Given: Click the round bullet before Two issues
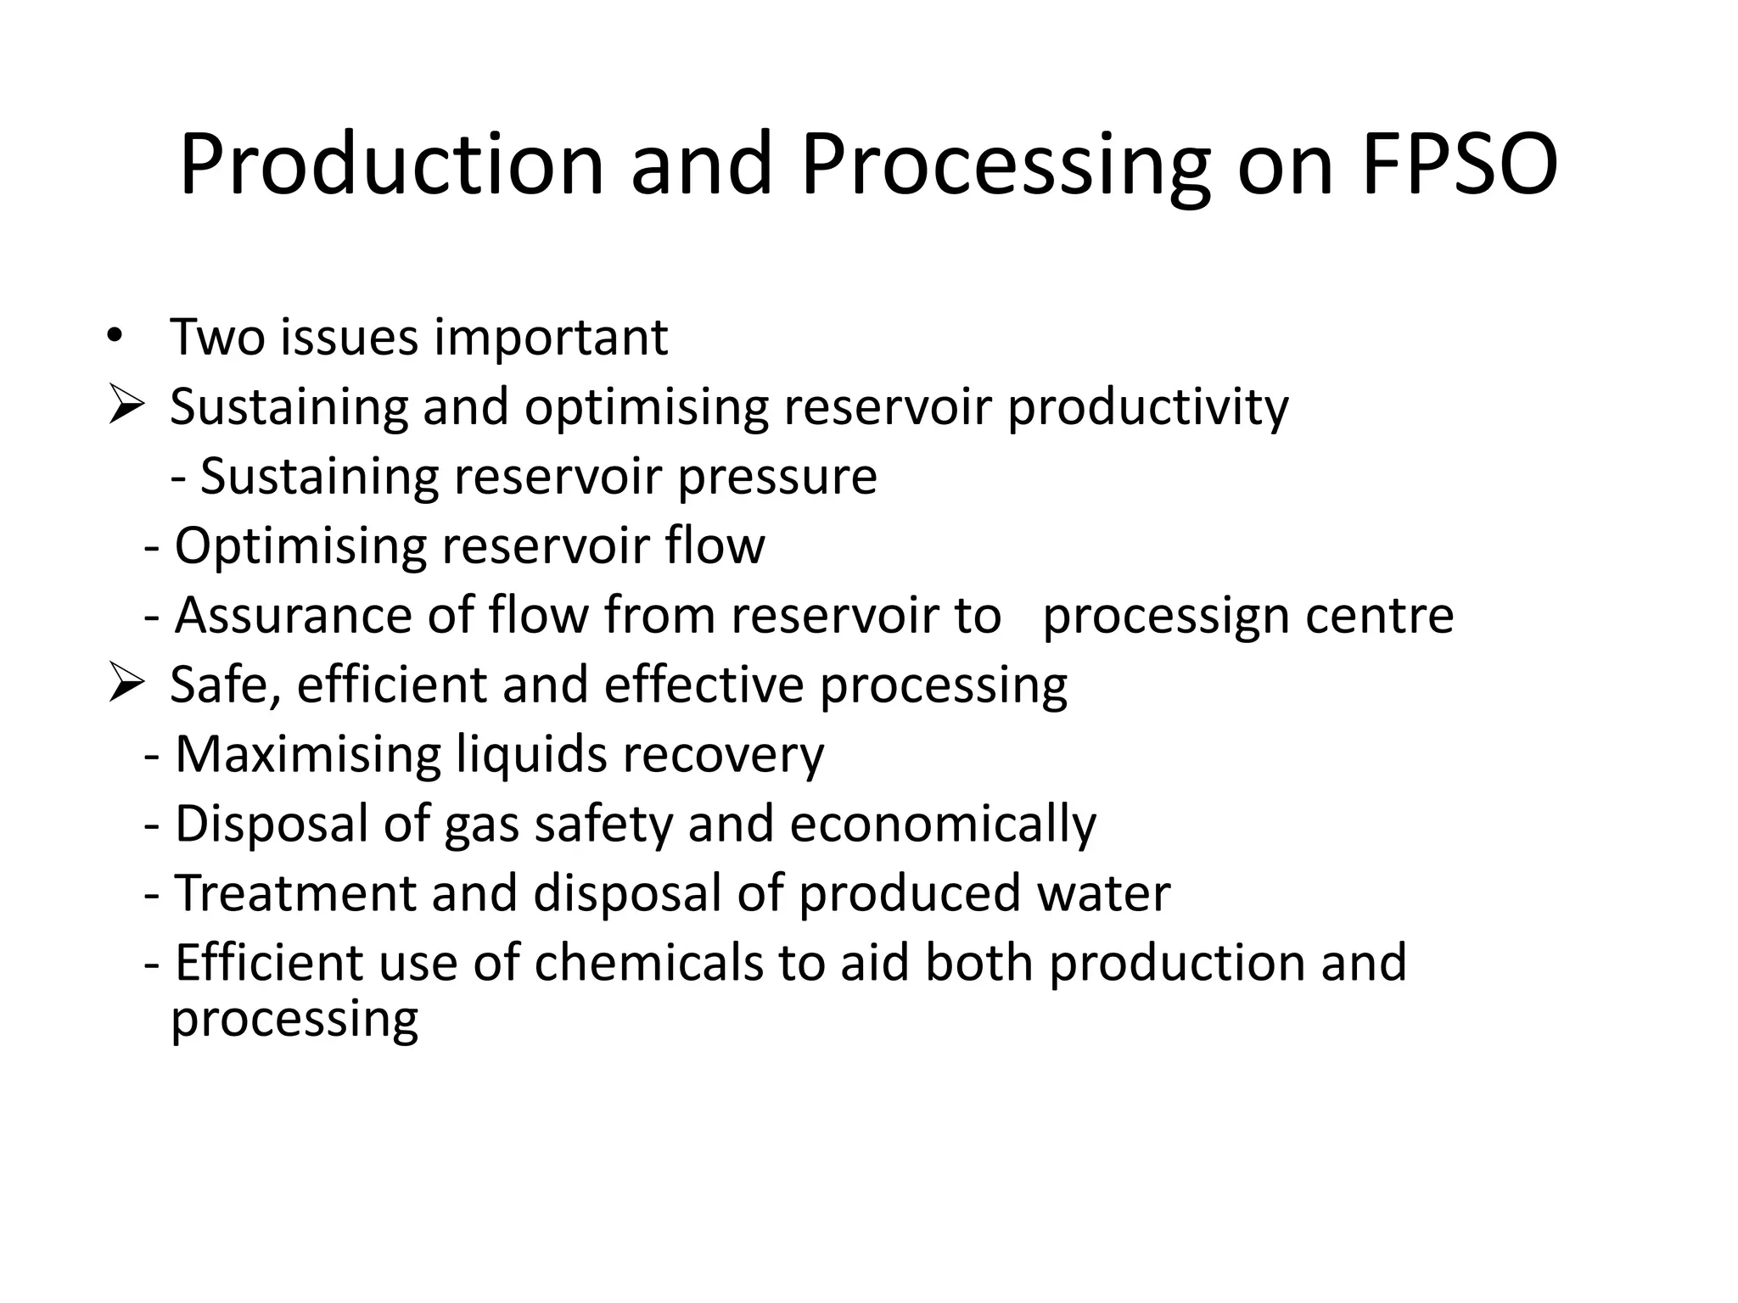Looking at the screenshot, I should pos(115,334).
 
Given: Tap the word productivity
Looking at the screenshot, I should pos(1147,408).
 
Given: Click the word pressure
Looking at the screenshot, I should pos(776,478).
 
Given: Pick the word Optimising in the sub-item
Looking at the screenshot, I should pos(300,547).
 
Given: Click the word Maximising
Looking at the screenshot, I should pos(307,754).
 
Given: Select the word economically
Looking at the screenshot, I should pos(943,825).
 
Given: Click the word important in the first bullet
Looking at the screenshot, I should pos(551,338).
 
